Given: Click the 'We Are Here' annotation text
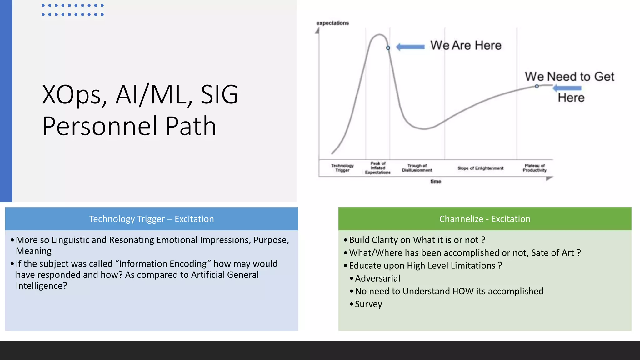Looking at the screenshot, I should coord(466,46).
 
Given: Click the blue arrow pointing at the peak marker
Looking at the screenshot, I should coord(410,47).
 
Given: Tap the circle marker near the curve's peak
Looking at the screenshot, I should coord(388,48).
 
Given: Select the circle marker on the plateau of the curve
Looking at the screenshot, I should coord(537,86).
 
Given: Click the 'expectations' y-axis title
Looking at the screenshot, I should coord(332,23).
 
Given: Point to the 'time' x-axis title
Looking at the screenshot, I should coord(436,182).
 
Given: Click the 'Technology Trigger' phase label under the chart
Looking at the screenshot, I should coord(342,168).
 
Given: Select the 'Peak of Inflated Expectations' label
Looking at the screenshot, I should coord(378,168).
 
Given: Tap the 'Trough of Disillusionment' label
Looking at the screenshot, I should coord(417,168).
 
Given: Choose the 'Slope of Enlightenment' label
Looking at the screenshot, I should coord(480,168).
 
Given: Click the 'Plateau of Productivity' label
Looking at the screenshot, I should coord(535,168).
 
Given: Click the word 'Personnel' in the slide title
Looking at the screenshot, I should coord(100,126).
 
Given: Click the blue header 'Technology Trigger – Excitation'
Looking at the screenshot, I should coord(152,219).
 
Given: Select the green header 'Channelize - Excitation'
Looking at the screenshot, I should coord(485,219).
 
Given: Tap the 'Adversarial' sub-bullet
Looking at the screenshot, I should coord(377,278).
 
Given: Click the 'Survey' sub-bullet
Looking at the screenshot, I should coord(368,304).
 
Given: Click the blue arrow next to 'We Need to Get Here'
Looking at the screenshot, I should coord(567,88).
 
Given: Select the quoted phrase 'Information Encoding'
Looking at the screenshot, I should coord(163,264).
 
